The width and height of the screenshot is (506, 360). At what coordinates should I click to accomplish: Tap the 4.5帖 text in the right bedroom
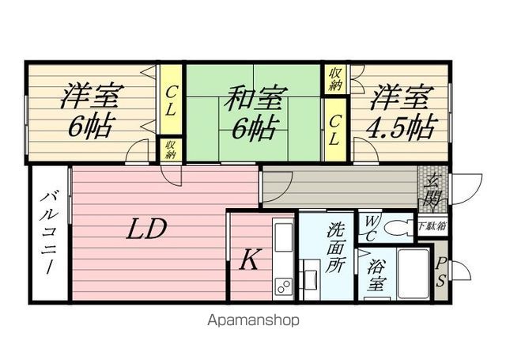click(402, 127)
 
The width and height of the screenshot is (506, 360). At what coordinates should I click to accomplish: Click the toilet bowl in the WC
click(399, 227)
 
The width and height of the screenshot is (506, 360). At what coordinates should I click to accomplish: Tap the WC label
click(369, 227)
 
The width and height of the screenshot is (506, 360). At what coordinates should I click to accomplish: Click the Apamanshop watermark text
click(253, 320)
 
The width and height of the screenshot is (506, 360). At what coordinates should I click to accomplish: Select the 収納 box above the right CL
click(335, 80)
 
